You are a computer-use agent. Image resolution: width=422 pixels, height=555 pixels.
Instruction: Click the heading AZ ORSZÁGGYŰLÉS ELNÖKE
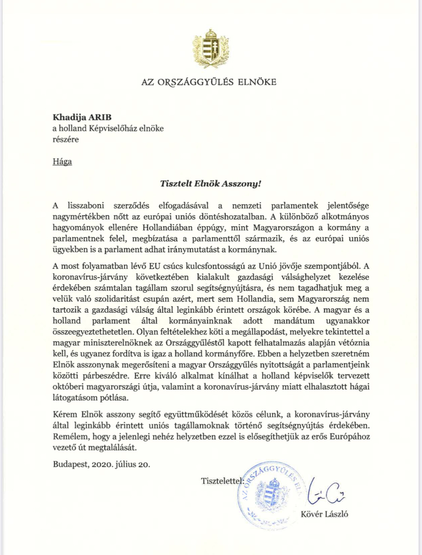(x=209, y=82)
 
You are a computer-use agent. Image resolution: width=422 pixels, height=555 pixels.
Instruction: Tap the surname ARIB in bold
(x=100, y=117)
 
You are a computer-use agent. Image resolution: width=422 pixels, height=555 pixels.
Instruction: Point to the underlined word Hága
(x=62, y=162)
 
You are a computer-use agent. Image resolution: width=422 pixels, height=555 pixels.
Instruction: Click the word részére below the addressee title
(x=66, y=139)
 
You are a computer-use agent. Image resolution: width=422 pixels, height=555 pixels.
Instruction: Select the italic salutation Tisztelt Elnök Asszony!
(x=210, y=184)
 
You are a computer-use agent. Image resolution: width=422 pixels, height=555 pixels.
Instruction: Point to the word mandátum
(x=294, y=321)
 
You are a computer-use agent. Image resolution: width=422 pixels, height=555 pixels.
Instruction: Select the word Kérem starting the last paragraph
(x=65, y=415)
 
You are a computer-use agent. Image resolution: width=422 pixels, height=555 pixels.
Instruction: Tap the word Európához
(x=350, y=436)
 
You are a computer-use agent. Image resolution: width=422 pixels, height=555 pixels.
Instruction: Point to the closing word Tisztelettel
(x=221, y=481)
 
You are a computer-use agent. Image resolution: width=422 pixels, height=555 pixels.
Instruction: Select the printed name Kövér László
(x=324, y=514)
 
